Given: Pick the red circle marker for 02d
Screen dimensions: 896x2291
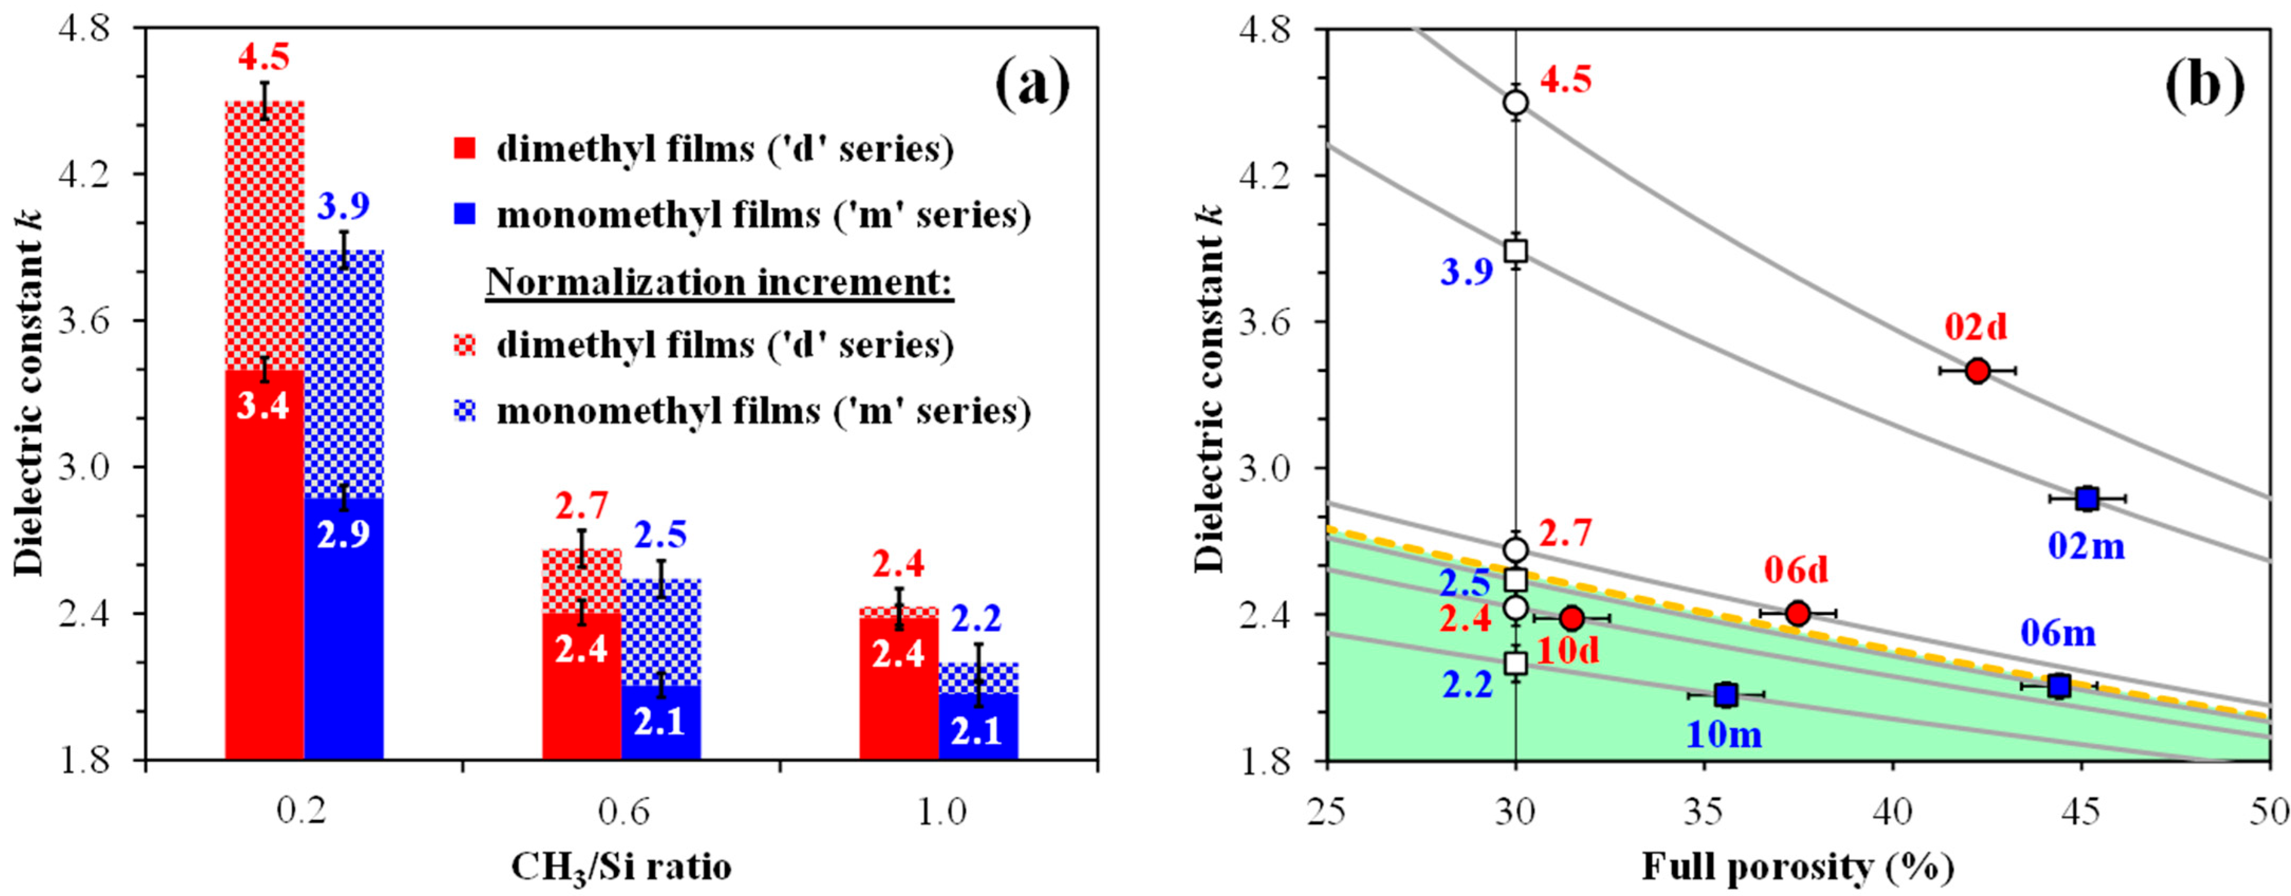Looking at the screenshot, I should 1977,371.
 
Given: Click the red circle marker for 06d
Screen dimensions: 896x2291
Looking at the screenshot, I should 1797,612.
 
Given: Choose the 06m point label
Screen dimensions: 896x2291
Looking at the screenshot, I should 2058,634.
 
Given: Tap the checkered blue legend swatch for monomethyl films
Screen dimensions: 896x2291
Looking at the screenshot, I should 465,412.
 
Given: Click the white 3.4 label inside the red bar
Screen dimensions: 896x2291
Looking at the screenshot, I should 264,407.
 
